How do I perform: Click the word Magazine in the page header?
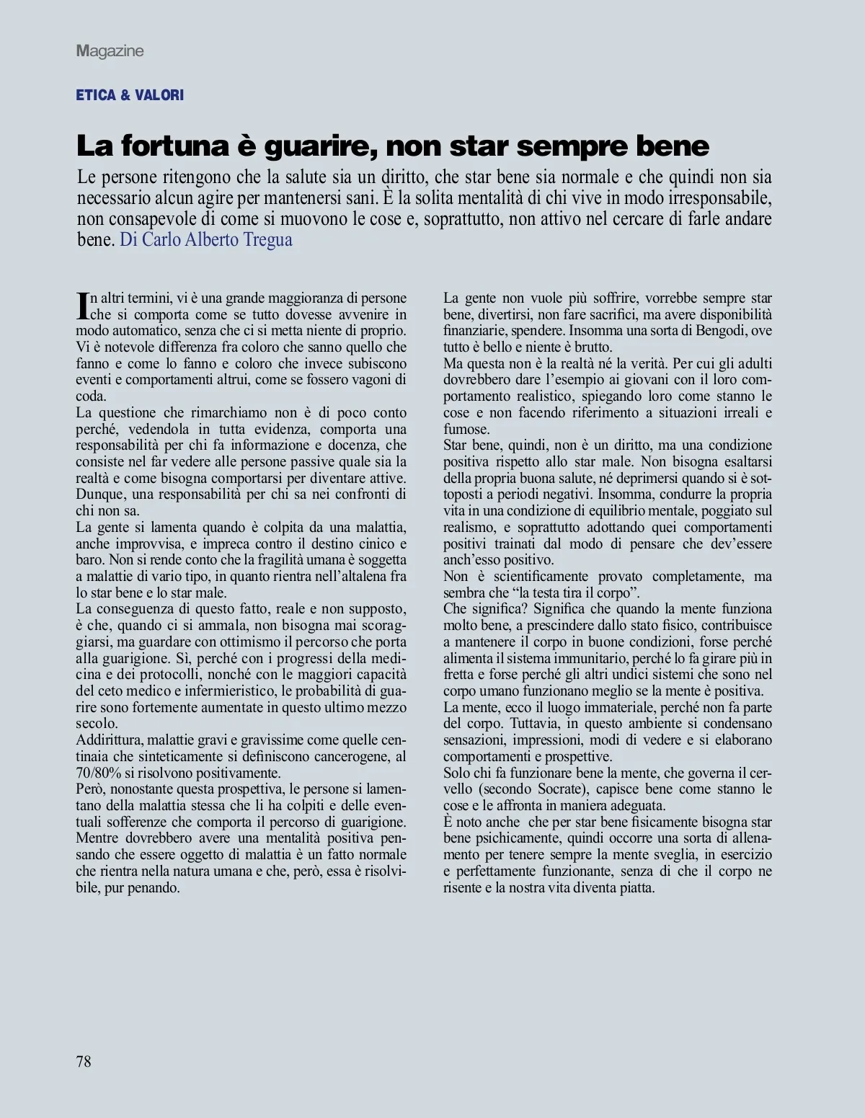[x=110, y=51]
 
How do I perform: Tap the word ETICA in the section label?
[x=96, y=95]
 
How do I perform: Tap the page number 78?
[x=84, y=1060]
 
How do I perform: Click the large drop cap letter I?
[x=81, y=306]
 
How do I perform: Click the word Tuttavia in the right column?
[x=535, y=724]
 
